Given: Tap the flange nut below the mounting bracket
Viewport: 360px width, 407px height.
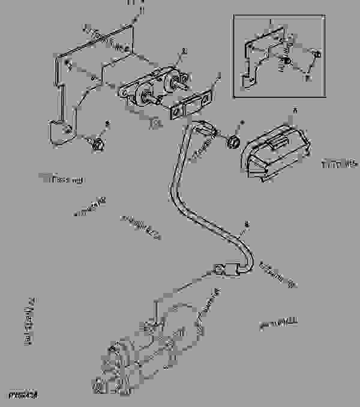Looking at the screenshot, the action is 96,143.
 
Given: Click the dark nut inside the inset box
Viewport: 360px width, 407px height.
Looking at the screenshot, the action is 287,62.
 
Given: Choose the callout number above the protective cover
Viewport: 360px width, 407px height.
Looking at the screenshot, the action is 295,110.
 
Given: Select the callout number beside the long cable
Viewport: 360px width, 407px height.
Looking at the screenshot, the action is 245,226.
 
